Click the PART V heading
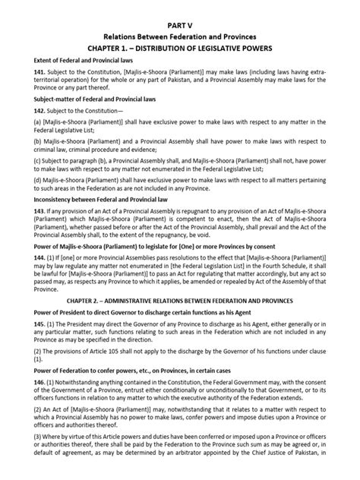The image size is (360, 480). [180, 24]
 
